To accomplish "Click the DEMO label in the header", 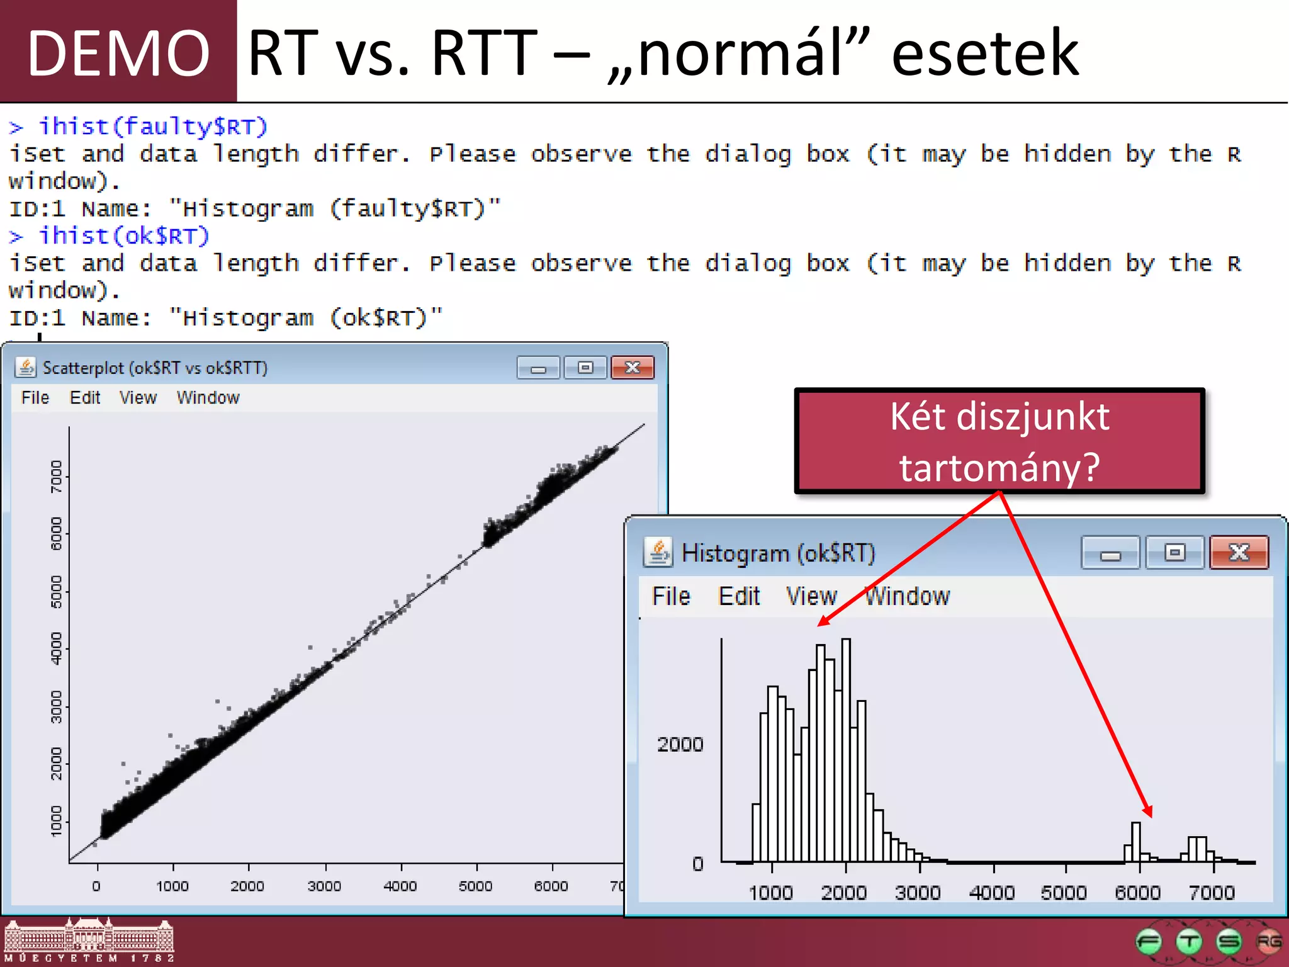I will pyautogui.click(x=118, y=53).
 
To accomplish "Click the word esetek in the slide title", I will pyautogui.click(x=985, y=53).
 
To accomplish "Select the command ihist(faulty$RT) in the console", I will pyautogui.click(x=153, y=127).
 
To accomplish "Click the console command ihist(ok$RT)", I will pyautogui.click(x=124, y=236).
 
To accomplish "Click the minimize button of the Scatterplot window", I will pyautogui.click(x=538, y=368).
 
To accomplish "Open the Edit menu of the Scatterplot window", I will pyautogui.click(x=85, y=398).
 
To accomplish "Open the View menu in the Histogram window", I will pyautogui.click(x=811, y=596).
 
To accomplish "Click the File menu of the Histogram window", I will pyautogui.click(x=671, y=596).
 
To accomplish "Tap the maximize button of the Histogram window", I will pyautogui.click(x=1174, y=553).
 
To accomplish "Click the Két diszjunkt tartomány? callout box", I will pyautogui.click(x=999, y=441).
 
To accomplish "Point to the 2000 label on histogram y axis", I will pyautogui.click(x=680, y=745).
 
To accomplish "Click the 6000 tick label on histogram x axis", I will pyautogui.click(x=1137, y=893).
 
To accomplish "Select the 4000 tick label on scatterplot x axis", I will pyautogui.click(x=400, y=886).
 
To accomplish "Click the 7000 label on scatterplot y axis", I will pyautogui.click(x=57, y=477).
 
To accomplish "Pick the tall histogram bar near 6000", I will pyautogui.click(x=1136, y=842).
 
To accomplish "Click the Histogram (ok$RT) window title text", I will pyautogui.click(x=779, y=553).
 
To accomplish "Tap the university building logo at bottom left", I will pyautogui.click(x=89, y=941).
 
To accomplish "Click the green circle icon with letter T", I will pyautogui.click(x=1189, y=942).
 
